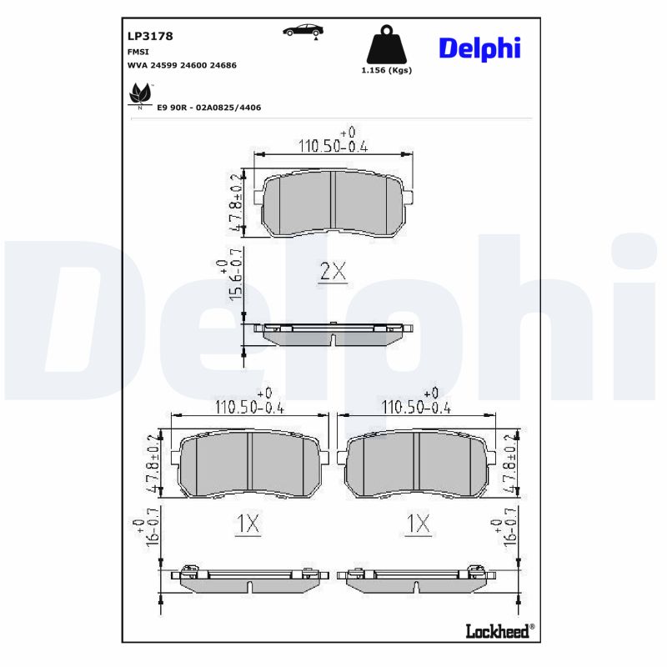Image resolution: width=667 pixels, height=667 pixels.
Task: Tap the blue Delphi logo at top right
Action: [x=479, y=48]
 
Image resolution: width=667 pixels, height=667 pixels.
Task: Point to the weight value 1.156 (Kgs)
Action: [x=386, y=71]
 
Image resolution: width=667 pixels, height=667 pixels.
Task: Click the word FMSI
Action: [x=138, y=51]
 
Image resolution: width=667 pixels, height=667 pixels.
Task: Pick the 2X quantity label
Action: [x=333, y=271]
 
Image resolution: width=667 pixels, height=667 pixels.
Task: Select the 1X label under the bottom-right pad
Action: [x=418, y=524]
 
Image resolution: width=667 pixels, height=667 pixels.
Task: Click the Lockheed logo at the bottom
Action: [x=498, y=631]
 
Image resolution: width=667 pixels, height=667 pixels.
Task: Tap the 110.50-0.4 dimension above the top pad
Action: [x=333, y=146]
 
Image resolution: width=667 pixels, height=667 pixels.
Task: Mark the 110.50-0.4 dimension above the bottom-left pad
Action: [x=250, y=407]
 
